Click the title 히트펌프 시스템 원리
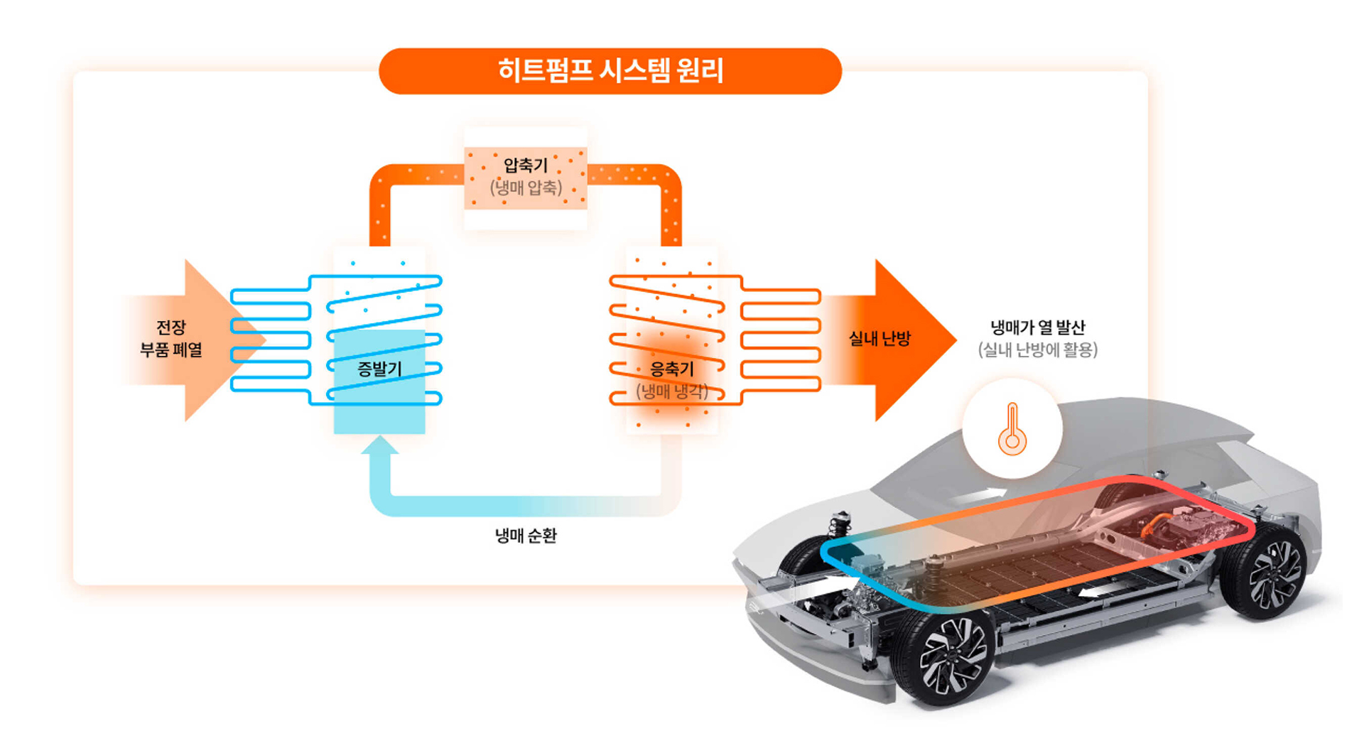pos(610,71)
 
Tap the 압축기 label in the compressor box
pos(526,166)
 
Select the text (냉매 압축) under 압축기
pos(526,188)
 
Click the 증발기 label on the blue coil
pos(379,369)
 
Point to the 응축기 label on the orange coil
pos(672,369)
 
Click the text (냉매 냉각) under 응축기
pos(672,391)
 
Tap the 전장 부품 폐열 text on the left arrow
pos(171,339)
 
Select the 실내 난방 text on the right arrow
pos(879,339)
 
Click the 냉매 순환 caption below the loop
pos(526,536)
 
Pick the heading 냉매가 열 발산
pos(1038,327)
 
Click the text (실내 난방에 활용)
pos(1038,349)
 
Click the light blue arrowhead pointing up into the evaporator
pos(380,445)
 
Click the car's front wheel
pos(948,657)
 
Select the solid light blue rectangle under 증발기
pos(379,412)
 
